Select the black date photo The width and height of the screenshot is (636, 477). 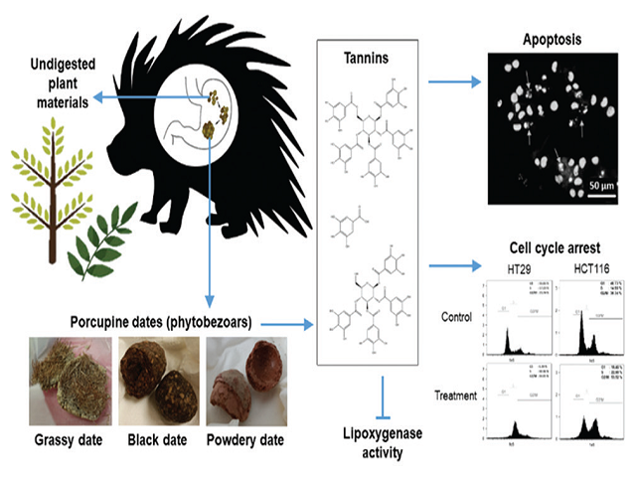coord(156,383)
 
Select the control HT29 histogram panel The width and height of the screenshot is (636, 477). coord(518,321)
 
